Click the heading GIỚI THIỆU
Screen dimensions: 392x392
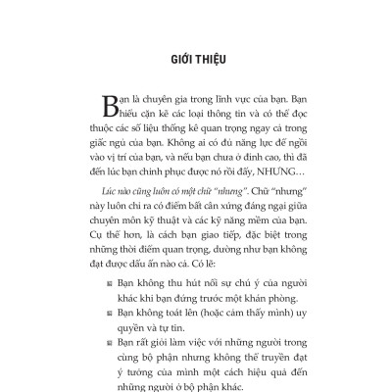point(196,59)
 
